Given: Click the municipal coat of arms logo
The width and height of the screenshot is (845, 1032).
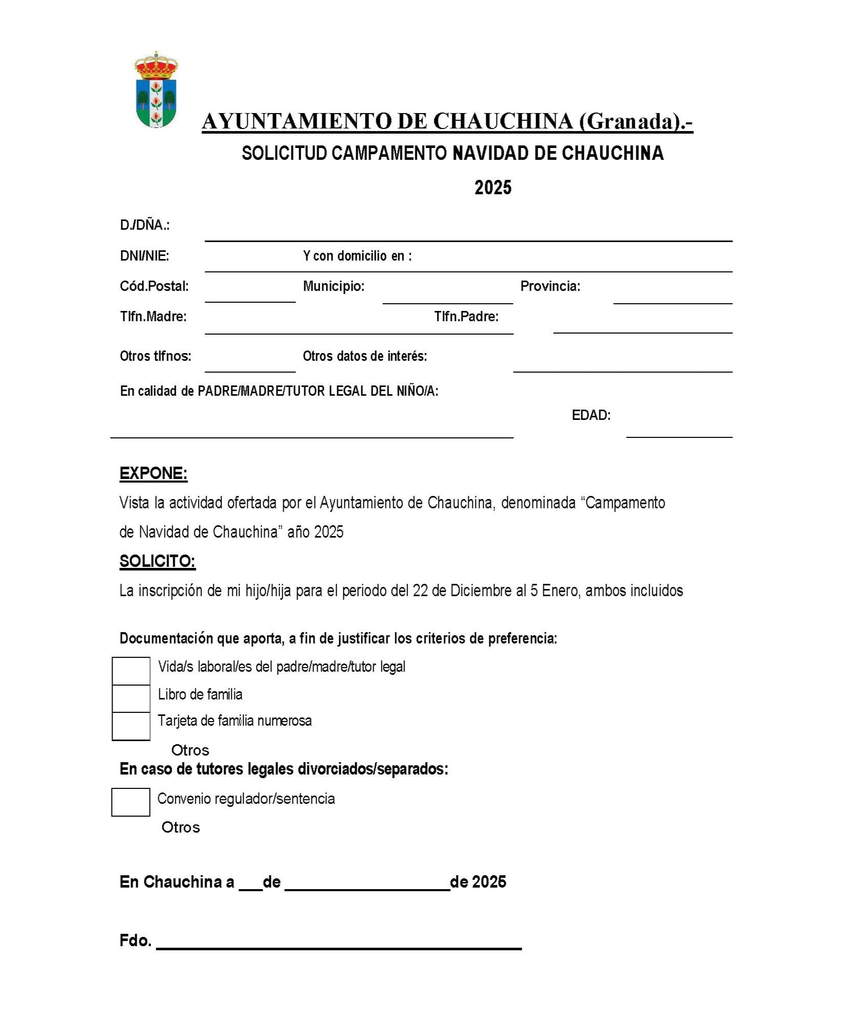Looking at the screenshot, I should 156,89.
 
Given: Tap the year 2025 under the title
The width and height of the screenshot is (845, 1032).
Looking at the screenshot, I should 492,188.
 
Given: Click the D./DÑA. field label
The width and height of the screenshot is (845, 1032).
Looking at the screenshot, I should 144,225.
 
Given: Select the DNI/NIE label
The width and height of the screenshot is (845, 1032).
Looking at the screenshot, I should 144,256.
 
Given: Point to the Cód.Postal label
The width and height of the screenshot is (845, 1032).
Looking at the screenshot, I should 154,286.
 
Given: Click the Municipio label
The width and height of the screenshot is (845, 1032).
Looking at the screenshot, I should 334,286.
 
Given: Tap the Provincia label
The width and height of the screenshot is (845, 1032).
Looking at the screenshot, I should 550,286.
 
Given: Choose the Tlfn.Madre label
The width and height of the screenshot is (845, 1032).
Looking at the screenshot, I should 153,317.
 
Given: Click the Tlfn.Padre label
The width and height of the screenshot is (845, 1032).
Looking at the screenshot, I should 466,317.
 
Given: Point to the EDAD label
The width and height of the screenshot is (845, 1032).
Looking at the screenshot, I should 591,415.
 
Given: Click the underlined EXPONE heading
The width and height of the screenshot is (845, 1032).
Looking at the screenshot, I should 153,473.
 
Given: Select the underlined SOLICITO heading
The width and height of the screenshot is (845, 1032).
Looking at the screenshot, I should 157,561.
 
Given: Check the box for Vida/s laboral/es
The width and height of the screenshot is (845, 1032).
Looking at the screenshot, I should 131,671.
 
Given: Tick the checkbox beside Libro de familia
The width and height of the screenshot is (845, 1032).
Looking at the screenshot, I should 131,698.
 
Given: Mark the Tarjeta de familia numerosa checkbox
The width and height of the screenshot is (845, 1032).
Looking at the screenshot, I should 131,726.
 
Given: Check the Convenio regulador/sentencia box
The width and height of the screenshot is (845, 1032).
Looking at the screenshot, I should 131,802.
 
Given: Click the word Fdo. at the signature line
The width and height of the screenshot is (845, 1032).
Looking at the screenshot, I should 135,941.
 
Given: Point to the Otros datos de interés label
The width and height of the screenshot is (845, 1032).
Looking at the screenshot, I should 364,356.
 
